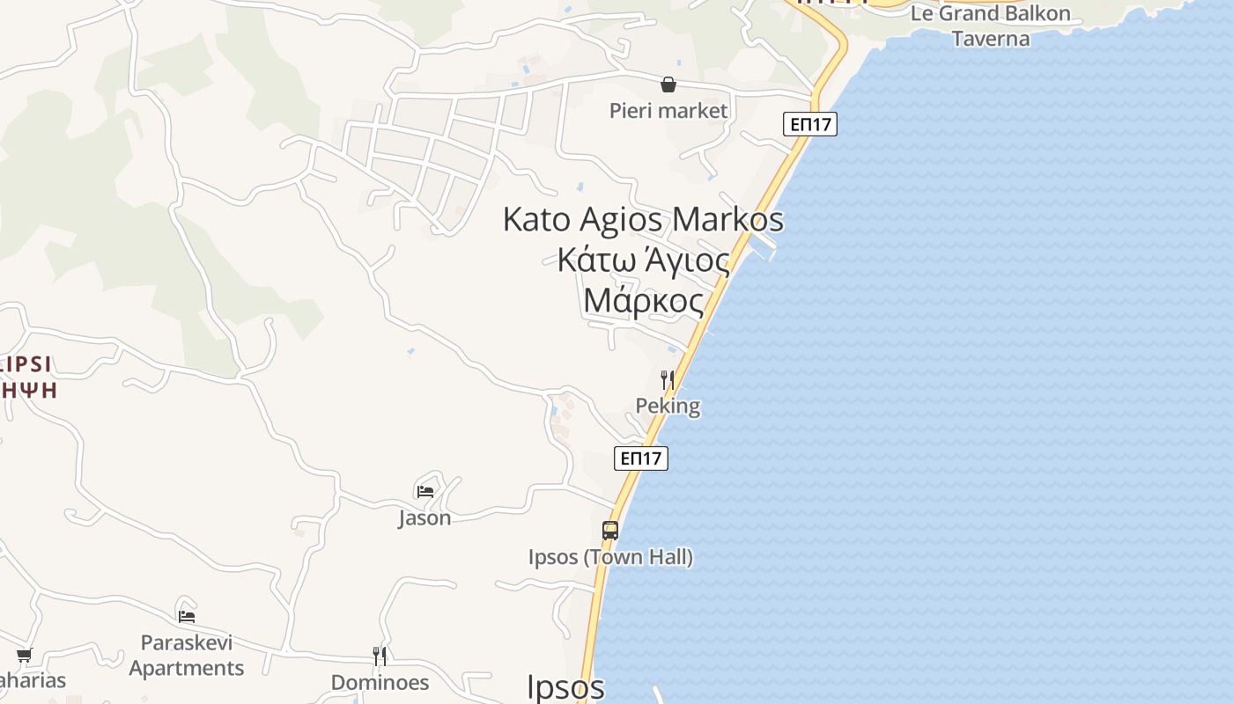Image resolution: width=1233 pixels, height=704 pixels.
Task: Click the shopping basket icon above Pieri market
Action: tap(668, 84)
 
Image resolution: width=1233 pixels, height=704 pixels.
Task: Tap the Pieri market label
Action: tap(668, 111)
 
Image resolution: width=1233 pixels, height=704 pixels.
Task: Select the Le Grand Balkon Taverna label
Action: tap(991, 26)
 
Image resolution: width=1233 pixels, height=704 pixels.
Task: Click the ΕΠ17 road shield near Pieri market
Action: tap(810, 124)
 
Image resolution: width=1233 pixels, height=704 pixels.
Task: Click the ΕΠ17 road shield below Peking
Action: tap(641, 458)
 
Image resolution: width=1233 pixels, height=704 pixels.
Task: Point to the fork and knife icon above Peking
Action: tap(668, 380)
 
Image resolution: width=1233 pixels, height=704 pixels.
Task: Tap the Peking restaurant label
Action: tap(668, 406)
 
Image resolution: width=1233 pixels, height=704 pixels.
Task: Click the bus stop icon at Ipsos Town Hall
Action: tap(610, 531)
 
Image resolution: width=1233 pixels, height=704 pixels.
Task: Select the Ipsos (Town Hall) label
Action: tap(610, 557)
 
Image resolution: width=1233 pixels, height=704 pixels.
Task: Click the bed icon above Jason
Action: tap(425, 491)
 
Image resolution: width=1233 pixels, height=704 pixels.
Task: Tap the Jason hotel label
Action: tap(425, 517)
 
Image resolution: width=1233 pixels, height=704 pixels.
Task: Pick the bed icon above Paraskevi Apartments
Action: tap(187, 616)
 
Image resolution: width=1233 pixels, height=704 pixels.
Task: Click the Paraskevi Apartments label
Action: tap(187, 656)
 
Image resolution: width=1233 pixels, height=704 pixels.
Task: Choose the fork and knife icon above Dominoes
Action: tap(380, 656)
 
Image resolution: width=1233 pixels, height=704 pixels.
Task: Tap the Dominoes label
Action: tap(380, 682)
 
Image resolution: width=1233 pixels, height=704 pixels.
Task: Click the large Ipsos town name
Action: tap(565, 687)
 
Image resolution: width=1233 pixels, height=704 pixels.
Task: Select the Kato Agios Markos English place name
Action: tap(643, 219)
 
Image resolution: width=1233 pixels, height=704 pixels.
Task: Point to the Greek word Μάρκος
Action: tap(644, 301)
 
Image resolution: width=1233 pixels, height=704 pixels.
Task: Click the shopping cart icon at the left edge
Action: tap(25, 655)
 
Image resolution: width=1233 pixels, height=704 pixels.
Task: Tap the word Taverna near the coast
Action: tap(991, 39)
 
